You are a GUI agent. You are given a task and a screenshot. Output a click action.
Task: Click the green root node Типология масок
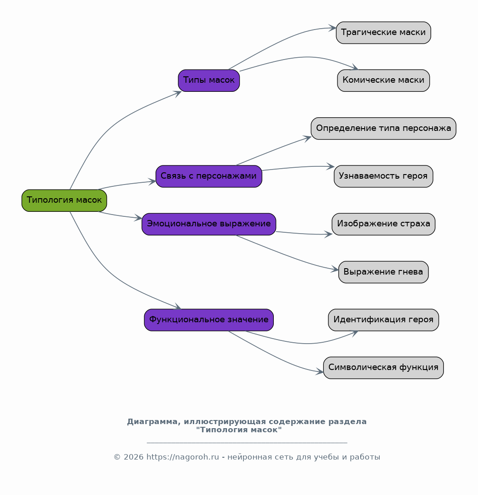tap(64, 200)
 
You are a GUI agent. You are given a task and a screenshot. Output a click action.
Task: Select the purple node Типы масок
tap(209, 80)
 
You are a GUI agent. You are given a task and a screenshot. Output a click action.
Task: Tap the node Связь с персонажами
tap(209, 176)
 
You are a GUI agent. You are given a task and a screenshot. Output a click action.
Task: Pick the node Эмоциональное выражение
tap(209, 224)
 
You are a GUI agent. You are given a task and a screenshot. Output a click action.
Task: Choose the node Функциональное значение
tap(209, 320)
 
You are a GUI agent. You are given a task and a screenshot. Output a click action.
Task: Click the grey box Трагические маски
tap(383, 33)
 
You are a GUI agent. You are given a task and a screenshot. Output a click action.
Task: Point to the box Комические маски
tap(383, 80)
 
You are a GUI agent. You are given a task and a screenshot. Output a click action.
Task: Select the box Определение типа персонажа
tap(383, 129)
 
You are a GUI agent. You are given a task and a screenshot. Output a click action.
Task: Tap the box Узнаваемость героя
tap(383, 176)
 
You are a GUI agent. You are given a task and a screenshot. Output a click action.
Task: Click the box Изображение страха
tap(383, 224)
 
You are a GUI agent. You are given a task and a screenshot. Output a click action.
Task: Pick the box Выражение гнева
tap(383, 272)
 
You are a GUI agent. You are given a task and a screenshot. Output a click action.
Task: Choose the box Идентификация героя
tap(383, 320)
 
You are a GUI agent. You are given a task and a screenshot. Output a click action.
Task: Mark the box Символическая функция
tap(383, 368)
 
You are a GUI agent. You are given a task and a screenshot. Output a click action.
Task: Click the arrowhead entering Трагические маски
tap(333, 28)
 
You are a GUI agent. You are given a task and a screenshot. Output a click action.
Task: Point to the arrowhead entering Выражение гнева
tap(335, 270)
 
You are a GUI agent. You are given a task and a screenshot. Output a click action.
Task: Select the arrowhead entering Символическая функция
tap(320, 372)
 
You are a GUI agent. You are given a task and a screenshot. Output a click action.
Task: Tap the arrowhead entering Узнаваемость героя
tap(331, 166)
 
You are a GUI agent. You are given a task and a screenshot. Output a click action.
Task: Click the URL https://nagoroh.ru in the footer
tap(183, 457)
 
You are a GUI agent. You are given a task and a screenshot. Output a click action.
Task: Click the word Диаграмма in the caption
tap(154, 422)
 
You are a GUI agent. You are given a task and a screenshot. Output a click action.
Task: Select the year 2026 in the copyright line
tap(134, 457)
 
